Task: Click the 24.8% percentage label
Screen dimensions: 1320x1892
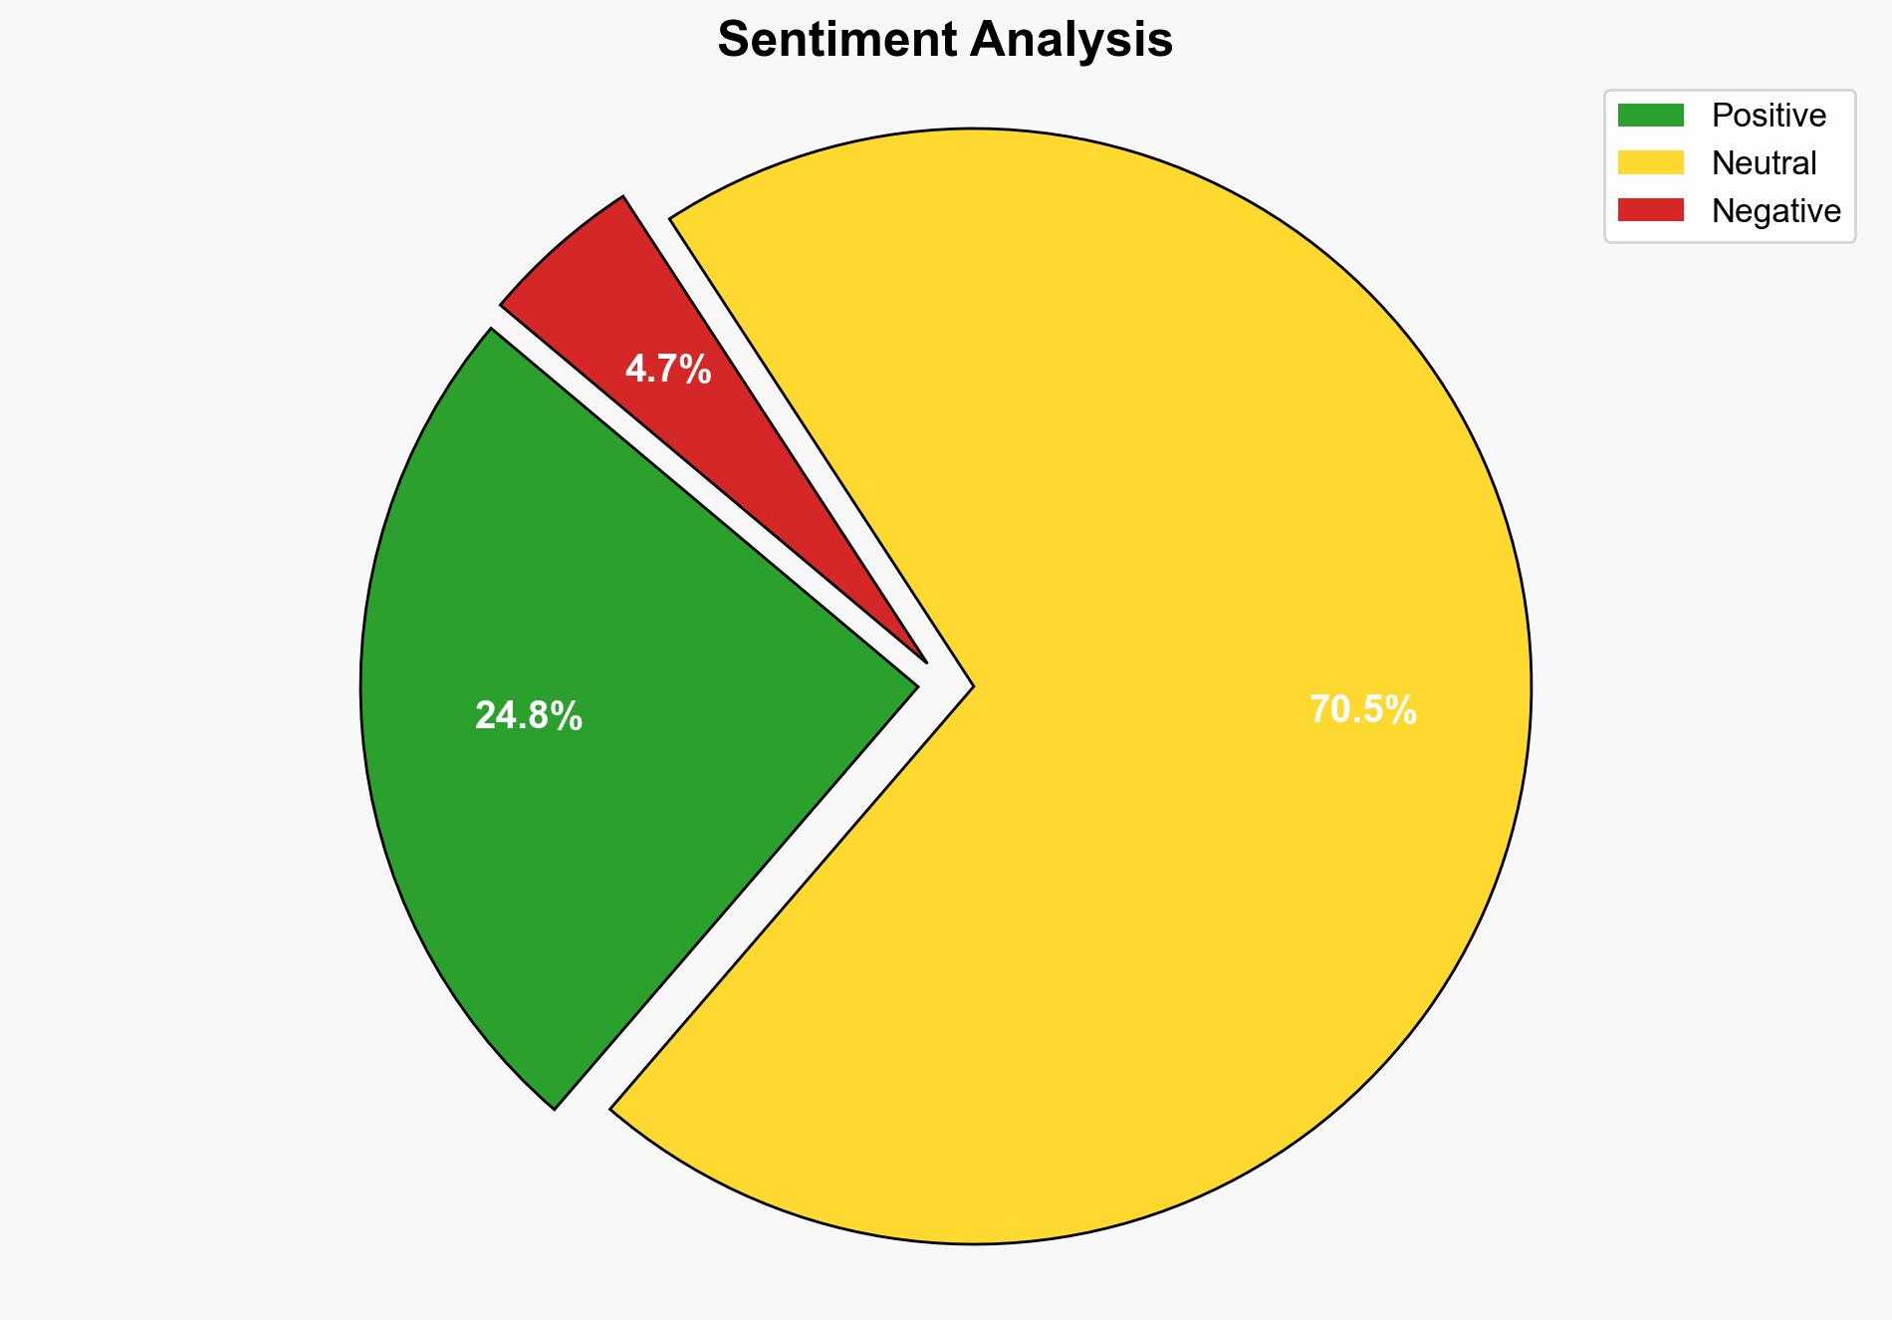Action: (529, 716)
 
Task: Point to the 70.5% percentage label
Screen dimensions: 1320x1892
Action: (1362, 710)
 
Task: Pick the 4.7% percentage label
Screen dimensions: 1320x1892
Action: (668, 370)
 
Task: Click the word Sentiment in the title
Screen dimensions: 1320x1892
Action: (836, 41)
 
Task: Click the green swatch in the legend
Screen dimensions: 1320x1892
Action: (1650, 116)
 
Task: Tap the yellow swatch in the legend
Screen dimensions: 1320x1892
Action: (1650, 162)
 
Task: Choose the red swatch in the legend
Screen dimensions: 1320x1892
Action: (1650, 210)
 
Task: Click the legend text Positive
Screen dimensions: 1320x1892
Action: (1769, 116)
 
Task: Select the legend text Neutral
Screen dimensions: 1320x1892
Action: (1764, 163)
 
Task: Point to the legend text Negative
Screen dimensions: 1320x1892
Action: (1775, 211)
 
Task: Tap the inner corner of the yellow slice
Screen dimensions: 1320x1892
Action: (972, 686)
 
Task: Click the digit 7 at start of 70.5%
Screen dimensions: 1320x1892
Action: (1319, 710)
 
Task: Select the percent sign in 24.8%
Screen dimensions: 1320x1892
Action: (570, 716)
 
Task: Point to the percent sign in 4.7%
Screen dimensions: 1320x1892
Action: (697, 370)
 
